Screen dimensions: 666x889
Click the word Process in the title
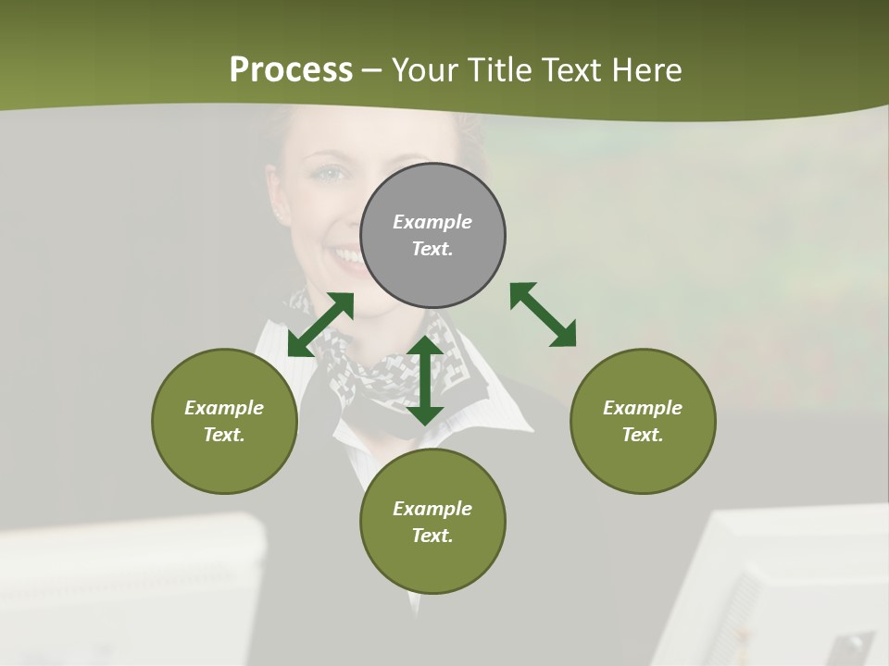[x=291, y=70]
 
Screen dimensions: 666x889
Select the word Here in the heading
[x=645, y=70]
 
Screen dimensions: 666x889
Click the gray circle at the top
[x=432, y=235]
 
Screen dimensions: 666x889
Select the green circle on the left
[x=224, y=421]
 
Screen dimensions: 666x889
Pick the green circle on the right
[x=643, y=421]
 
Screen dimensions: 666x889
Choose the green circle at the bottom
[x=432, y=522]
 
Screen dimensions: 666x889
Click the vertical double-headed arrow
[x=425, y=380]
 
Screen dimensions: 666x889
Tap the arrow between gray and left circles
[x=320, y=324]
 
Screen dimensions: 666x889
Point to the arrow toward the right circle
[x=544, y=314]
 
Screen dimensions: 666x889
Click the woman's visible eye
[x=331, y=173]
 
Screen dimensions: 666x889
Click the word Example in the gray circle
[x=432, y=222]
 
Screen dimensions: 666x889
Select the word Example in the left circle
[x=224, y=408]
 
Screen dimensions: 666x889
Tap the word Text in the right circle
[x=643, y=435]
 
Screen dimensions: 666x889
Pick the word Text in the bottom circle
[x=432, y=536]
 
